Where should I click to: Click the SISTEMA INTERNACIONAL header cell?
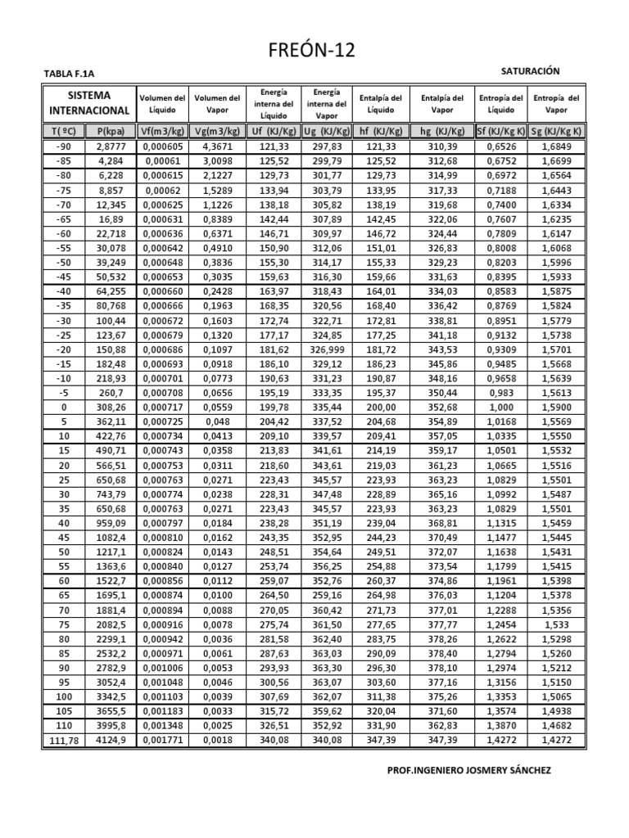click(89, 102)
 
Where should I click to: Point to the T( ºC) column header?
click(64, 130)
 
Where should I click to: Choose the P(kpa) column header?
click(110, 130)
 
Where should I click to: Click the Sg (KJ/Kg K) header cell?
click(556, 130)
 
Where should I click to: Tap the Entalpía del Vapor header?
click(442, 103)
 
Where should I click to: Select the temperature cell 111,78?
click(64, 740)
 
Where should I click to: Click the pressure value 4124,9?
click(110, 740)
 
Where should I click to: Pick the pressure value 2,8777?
click(110, 146)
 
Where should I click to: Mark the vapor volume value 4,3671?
click(217, 146)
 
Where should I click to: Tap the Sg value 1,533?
click(556, 624)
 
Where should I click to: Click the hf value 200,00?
click(381, 407)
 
